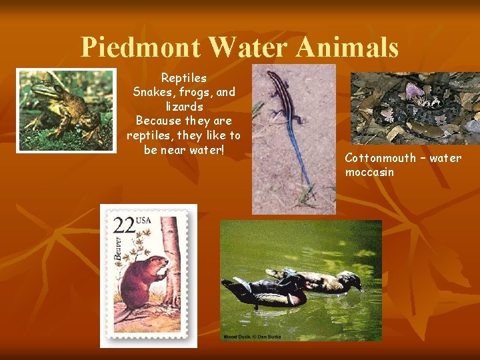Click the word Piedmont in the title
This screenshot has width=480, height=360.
tap(141, 47)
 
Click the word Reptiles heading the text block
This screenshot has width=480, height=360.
tap(183, 78)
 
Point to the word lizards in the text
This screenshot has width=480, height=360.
tap(184, 107)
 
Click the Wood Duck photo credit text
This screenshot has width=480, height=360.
tap(252, 337)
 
